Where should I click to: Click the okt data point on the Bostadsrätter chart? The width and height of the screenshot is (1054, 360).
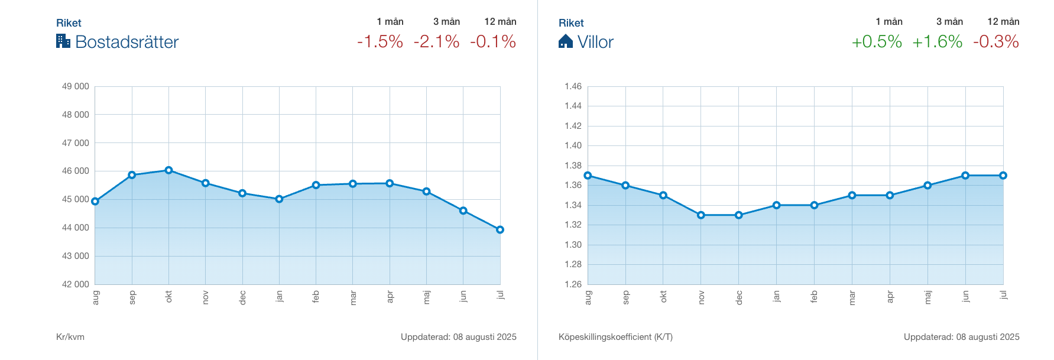click(x=168, y=170)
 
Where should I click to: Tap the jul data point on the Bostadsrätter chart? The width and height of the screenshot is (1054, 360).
click(x=500, y=230)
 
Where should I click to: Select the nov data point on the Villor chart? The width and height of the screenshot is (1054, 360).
click(x=701, y=215)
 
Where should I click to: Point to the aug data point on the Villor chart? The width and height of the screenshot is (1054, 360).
click(x=588, y=176)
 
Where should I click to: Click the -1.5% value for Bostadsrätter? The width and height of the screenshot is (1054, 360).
click(x=380, y=42)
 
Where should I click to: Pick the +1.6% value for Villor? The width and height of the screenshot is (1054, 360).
click(x=938, y=42)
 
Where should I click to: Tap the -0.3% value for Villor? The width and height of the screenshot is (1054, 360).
click(x=996, y=42)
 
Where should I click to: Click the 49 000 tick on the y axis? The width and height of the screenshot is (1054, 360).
click(x=75, y=86)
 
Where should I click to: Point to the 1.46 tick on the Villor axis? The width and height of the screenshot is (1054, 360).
click(x=573, y=86)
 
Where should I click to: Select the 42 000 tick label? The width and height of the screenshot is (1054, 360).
click(x=75, y=284)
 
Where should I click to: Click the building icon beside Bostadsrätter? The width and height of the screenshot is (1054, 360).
click(x=63, y=41)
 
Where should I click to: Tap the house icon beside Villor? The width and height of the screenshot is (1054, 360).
click(x=566, y=41)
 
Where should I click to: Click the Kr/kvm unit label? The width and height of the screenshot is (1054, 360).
click(x=70, y=337)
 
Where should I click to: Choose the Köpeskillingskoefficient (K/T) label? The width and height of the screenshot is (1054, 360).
click(x=615, y=337)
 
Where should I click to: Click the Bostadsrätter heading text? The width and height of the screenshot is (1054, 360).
click(x=127, y=42)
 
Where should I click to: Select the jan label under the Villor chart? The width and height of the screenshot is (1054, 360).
click(x=776, y=296)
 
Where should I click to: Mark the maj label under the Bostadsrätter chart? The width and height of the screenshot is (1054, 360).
click(x=426, y=297)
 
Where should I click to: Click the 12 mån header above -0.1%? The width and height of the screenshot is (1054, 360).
click(x=500, y=22)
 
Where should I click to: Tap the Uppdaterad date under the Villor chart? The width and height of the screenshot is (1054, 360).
click(x=961, y=337)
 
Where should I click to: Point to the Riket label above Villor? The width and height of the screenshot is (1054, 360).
click(x=571, y=23)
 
